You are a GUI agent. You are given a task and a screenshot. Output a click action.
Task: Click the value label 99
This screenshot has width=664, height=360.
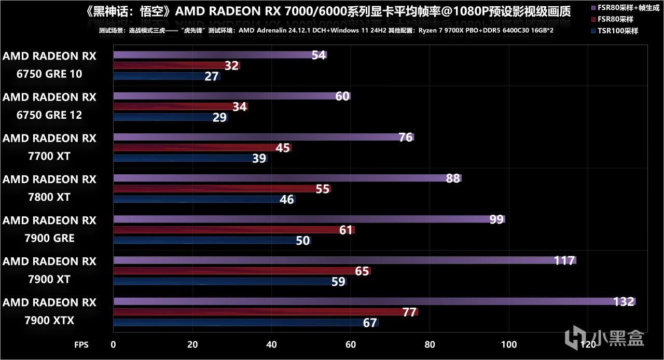point(496,219)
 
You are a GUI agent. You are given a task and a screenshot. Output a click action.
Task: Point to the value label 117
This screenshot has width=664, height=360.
point(564,260)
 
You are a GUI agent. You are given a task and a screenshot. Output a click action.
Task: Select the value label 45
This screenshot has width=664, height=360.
point(283,148)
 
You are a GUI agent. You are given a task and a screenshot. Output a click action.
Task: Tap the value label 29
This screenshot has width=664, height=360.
point(219,117)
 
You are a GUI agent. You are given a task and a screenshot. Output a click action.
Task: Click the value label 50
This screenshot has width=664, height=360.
point(302,241)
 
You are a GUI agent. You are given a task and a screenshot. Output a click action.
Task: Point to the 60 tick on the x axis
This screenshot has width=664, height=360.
point(351,344)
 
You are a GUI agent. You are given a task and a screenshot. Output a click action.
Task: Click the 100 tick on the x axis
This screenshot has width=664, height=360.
point(509,344)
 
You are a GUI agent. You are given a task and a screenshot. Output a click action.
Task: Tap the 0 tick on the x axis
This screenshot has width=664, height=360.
point(114,344)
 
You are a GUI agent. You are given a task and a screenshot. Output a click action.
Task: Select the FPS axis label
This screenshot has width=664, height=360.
point(81,344)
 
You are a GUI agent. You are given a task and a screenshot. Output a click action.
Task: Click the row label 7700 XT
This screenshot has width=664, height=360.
point(49,147)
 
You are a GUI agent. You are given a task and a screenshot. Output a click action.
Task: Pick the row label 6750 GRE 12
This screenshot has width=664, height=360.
point(49,106)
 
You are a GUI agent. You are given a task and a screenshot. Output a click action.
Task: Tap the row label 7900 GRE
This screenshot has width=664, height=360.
point(49,229)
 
